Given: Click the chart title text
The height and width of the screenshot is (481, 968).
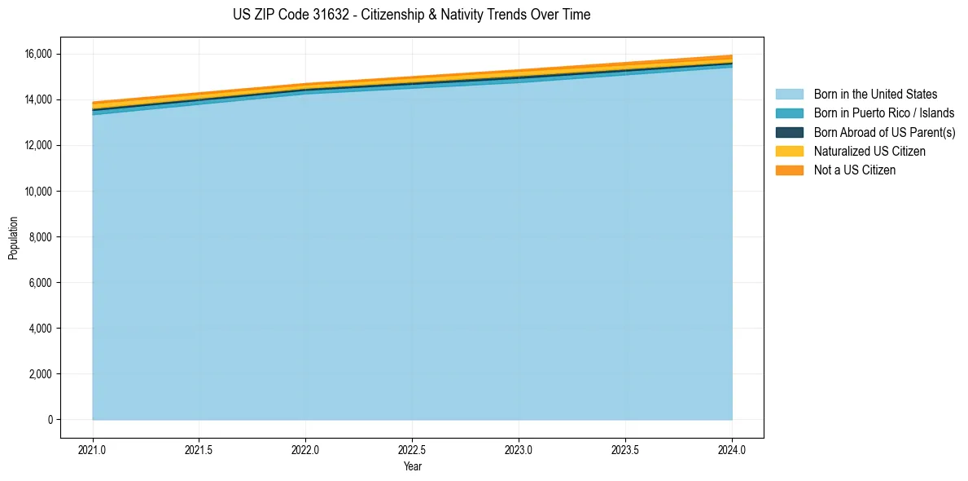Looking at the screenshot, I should tap(411, 15).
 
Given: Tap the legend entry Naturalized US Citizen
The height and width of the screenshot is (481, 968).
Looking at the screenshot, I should tap(869, 152).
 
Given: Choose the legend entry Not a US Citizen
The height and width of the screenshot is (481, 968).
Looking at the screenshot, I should tap(854, 170).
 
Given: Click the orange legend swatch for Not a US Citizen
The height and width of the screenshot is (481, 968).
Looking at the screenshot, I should tap(789, 170).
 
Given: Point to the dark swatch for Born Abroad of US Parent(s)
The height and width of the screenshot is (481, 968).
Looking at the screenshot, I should tap(789, 132).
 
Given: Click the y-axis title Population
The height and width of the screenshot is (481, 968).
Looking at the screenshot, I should tap(13, 237).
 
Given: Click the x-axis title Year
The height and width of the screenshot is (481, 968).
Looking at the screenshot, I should tap(412, 466).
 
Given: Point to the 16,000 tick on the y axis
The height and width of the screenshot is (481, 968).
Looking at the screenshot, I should tap(37, 54).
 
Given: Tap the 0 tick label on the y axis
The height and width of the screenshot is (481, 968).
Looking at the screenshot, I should tap(50, 420).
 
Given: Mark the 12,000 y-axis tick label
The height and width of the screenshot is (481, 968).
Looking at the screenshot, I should tap(37, 145).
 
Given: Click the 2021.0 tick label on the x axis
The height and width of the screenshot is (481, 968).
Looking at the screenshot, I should tap(93, 449).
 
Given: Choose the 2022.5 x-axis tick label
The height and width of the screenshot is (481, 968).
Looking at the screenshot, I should tap(412, 449).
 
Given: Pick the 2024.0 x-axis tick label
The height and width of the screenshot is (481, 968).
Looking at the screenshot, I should tap(732, 449).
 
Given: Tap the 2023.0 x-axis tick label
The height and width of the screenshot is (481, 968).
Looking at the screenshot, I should tap(519, 449).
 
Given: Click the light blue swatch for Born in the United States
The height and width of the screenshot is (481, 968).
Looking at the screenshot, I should tap(789, 95).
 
